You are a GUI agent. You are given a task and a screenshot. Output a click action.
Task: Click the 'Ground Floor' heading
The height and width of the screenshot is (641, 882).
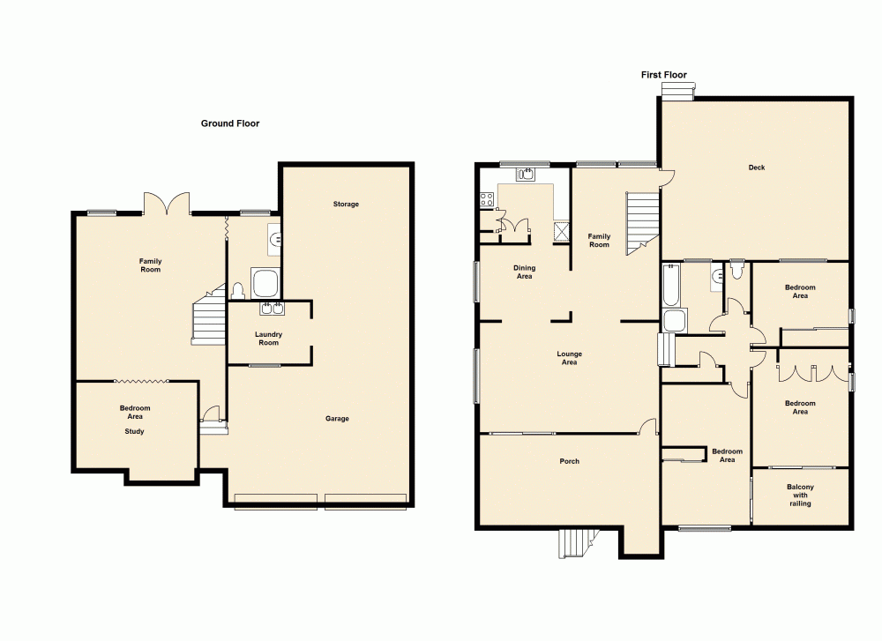230,124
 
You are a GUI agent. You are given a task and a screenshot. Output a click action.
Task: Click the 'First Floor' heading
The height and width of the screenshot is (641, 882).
663,76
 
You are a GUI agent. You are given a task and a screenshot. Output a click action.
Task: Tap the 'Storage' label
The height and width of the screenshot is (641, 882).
346,205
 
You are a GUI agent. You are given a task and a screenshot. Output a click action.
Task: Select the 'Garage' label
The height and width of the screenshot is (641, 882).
337,419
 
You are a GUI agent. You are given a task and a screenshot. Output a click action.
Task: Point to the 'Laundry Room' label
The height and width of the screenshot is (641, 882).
268,339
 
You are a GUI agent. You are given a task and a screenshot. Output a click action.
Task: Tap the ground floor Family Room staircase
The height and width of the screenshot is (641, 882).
208,319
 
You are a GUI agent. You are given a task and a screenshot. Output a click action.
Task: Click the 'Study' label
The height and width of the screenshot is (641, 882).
134,432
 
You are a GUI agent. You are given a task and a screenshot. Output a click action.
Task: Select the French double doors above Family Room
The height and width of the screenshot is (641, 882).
167,205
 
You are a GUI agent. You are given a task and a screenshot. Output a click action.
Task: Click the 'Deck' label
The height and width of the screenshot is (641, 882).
757,168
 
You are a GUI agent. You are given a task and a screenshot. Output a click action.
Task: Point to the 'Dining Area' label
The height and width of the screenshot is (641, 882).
525,272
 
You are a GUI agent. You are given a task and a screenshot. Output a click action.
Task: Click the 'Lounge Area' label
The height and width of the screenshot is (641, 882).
569,358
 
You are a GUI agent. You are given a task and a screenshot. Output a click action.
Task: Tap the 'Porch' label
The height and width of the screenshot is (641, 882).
569,461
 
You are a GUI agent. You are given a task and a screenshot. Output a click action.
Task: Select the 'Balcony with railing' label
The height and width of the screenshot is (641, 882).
800,496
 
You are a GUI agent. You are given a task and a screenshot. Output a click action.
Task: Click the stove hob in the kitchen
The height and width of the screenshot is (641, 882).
485,199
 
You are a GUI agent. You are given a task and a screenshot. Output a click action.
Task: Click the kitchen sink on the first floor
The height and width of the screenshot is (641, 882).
526,175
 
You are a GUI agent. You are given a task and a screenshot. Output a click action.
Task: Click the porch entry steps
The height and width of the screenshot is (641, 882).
577,542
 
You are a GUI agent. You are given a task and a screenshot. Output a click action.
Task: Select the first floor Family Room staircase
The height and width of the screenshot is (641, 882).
641,222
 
